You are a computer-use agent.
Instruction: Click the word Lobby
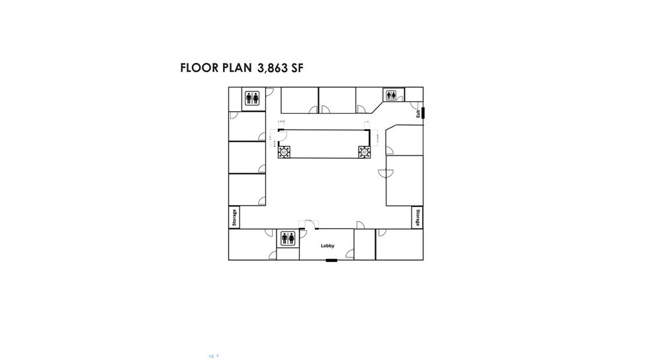pos(327,246)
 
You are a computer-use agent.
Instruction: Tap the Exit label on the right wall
pos(418,113)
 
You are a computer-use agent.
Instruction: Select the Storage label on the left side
pos(234,217)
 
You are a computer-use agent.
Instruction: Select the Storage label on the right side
pos(417,217)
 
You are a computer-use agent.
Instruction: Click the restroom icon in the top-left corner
pos(252,98)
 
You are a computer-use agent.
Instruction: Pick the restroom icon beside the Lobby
pos(288,238)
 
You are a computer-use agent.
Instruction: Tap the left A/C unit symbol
pos(284,152)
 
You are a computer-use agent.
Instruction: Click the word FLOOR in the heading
pos(199,68)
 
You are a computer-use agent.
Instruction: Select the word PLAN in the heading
pos(237,68)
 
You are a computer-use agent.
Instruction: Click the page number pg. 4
pos(213,355)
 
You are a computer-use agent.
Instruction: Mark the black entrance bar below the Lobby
pos(331,260)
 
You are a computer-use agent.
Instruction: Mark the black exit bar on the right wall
pos(423,112)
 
